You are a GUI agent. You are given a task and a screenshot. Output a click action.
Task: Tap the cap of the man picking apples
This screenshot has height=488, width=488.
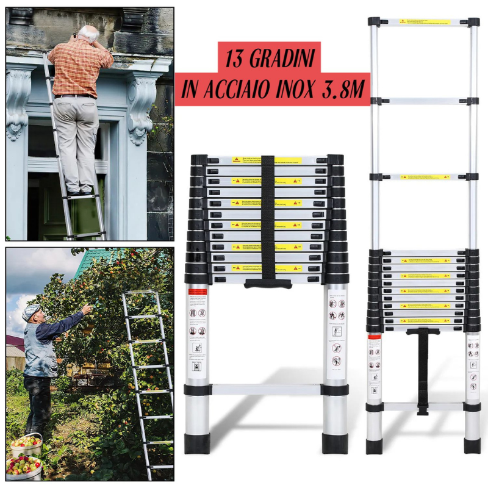[30, 311]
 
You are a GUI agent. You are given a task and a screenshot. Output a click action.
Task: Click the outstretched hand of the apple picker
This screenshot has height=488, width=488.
[87, 310]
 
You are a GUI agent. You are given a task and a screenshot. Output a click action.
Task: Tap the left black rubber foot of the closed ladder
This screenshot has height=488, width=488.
[197, 442]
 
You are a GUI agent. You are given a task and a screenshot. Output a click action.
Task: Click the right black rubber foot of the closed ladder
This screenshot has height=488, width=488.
[335, 442]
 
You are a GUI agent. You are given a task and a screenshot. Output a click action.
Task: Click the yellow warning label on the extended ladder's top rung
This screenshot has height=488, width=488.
[425, 22]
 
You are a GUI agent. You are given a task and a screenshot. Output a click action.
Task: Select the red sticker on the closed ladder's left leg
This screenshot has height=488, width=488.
[197, 292]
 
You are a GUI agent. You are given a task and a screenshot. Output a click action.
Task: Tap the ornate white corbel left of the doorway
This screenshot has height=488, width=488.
[18, 101]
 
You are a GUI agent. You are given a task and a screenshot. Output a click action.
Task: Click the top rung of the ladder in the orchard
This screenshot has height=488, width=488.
[140, 293]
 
